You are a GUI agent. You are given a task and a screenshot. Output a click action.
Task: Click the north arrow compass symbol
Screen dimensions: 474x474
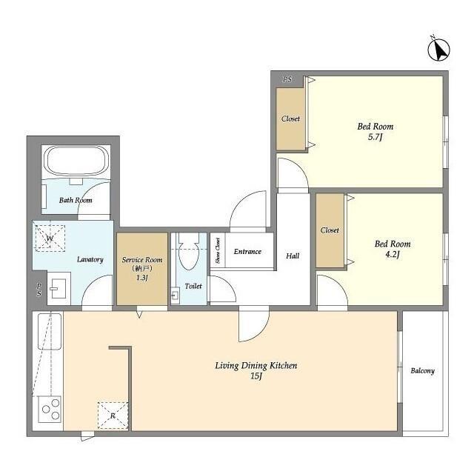pyautogui.click(x=439, y=50)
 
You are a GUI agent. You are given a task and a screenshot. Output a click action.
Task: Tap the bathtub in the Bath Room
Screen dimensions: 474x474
pyautogui.click(x=76, y=161)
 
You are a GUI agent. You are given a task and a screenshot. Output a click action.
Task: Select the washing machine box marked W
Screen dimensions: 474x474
pyautogui.click(x=50, y=238)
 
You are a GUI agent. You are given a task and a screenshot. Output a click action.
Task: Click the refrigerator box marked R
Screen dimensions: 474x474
pyautogui.click(x=113, y=415)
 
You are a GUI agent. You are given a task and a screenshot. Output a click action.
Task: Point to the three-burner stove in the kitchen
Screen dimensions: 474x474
pyautogui.click(x=50, y=410)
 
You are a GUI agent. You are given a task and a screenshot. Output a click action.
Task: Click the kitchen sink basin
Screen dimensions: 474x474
pyautogui.click(x=50, y=332)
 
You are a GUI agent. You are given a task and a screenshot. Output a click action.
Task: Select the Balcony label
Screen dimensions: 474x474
pyautogui.click(x=422, y=370)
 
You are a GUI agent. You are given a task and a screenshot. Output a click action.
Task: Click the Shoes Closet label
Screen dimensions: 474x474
pyautogui.click(x=218, y=250)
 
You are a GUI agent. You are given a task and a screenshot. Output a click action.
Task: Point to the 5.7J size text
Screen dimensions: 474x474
pyautogui.click(x=375, y=137)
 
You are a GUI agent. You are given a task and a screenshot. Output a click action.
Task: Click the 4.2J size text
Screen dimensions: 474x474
pyautogui.click(x=393, y=254)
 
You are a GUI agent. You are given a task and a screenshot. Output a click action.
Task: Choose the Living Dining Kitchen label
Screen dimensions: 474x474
pyautogui.click(x=256, y=365)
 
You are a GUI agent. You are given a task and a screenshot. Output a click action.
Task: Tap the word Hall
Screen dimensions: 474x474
pyautogui.click(x=293, y=256)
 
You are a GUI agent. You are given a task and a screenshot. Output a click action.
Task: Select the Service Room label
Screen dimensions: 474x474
pyautogui.click(x=142, y=260)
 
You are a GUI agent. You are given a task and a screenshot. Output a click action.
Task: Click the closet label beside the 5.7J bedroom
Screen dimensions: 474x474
pyautogui.click(x=291, y=118)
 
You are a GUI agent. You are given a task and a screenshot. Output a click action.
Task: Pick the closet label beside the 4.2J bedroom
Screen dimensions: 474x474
pyautogui.click(x=330, y=230)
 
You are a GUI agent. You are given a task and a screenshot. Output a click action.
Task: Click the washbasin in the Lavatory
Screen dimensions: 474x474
pyautogui.click(x=59, y=288)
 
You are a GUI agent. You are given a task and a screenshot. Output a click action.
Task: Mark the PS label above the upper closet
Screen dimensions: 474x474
pyautogui.click(x=287, y=79)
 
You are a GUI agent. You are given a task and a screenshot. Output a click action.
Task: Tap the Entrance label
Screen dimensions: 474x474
pyautogui.click(x=247, y=252)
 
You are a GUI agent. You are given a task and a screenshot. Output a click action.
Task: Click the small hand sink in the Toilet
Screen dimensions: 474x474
pyautogui.click(x=176, y=295)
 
